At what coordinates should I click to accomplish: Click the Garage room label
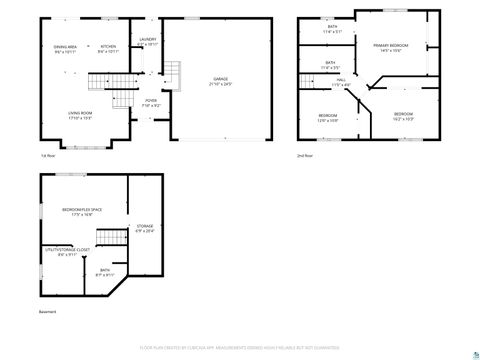coord(220,80)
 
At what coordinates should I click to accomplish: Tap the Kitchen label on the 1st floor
coord(109,48)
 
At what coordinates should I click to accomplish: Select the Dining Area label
coord(66,48)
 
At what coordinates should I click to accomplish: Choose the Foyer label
coord(151,102)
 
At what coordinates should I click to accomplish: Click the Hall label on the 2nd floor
coord(341,81)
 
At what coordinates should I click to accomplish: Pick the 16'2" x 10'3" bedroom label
coord(403,116)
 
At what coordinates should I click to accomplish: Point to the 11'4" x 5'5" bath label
coord(330,64)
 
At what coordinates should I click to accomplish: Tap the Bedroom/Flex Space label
coord(83,211)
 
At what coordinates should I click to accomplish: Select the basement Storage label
coord(145,229)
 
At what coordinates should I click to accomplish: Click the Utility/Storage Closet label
coord(67,251)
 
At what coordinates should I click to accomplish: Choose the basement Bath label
coord(105,272)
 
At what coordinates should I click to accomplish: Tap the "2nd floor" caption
coord(303,156)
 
